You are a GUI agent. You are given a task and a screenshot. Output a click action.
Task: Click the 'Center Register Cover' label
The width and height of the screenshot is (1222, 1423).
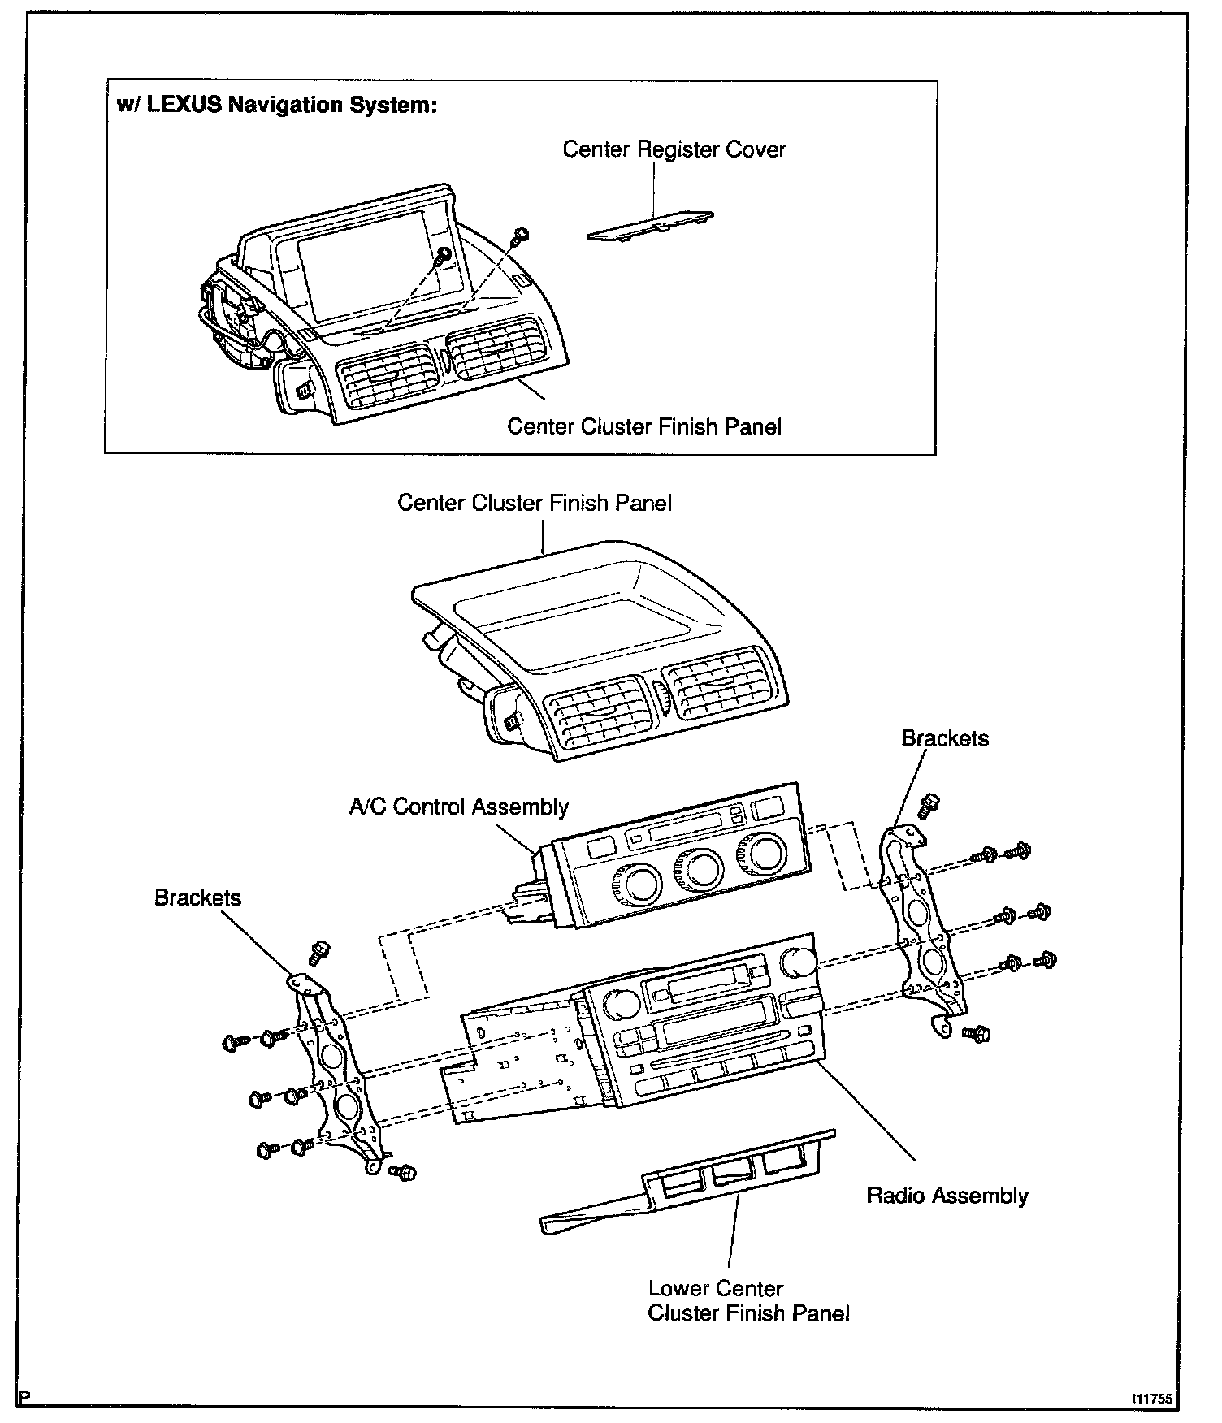(x=674, y=149)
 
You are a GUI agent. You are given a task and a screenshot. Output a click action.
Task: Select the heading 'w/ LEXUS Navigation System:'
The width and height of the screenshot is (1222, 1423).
(x=277, y=106)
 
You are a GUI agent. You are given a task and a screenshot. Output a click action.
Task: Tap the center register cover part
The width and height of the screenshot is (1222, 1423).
(x=650, y=227)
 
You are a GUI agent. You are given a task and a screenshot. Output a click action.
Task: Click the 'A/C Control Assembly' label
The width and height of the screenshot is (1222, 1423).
(x=458, y=807)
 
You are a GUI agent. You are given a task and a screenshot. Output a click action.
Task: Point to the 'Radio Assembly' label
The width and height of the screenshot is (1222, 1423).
(x=947, y=1195)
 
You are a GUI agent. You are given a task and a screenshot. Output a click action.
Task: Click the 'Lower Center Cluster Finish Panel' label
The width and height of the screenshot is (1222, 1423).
(x=747, y=1300)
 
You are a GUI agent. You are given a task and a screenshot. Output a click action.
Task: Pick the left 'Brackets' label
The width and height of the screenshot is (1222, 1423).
(x=197, y=897)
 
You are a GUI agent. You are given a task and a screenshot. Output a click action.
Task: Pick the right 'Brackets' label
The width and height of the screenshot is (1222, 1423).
(x=945, y=738)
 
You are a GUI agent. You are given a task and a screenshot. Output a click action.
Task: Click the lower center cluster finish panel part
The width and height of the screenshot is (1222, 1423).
(x=691, y=1186)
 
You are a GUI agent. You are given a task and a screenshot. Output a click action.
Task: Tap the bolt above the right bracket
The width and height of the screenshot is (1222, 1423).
(x=928, y=805)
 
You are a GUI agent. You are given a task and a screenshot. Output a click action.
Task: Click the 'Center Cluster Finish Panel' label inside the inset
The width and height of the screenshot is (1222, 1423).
(x=644, y=426)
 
